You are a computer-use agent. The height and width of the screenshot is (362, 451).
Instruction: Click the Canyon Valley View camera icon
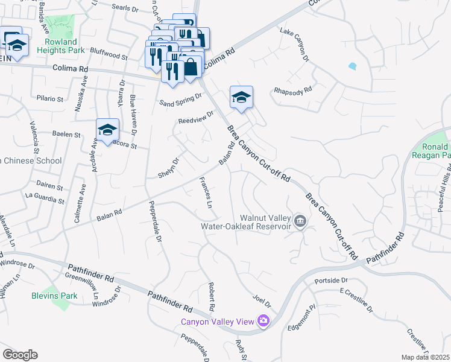coord(263,320)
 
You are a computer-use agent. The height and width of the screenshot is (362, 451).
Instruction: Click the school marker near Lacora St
coord(108,129)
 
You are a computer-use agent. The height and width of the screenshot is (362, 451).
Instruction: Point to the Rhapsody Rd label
coord(292,90)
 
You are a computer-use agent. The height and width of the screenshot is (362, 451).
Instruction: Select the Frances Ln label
coord(206,196)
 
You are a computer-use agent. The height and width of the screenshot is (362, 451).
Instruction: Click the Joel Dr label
coord(262,300)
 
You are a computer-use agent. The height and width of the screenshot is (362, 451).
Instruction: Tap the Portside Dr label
coord(332,281)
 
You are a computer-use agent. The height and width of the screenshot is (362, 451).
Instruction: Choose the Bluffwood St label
coord(109,57)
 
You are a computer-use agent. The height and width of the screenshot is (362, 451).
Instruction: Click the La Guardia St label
coord(44,195)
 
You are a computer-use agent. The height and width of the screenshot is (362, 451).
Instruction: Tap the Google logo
coord(20,355)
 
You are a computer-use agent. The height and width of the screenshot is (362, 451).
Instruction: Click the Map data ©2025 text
coord(425,357)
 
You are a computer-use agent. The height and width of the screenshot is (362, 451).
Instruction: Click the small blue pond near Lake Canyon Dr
coord(352,65)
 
